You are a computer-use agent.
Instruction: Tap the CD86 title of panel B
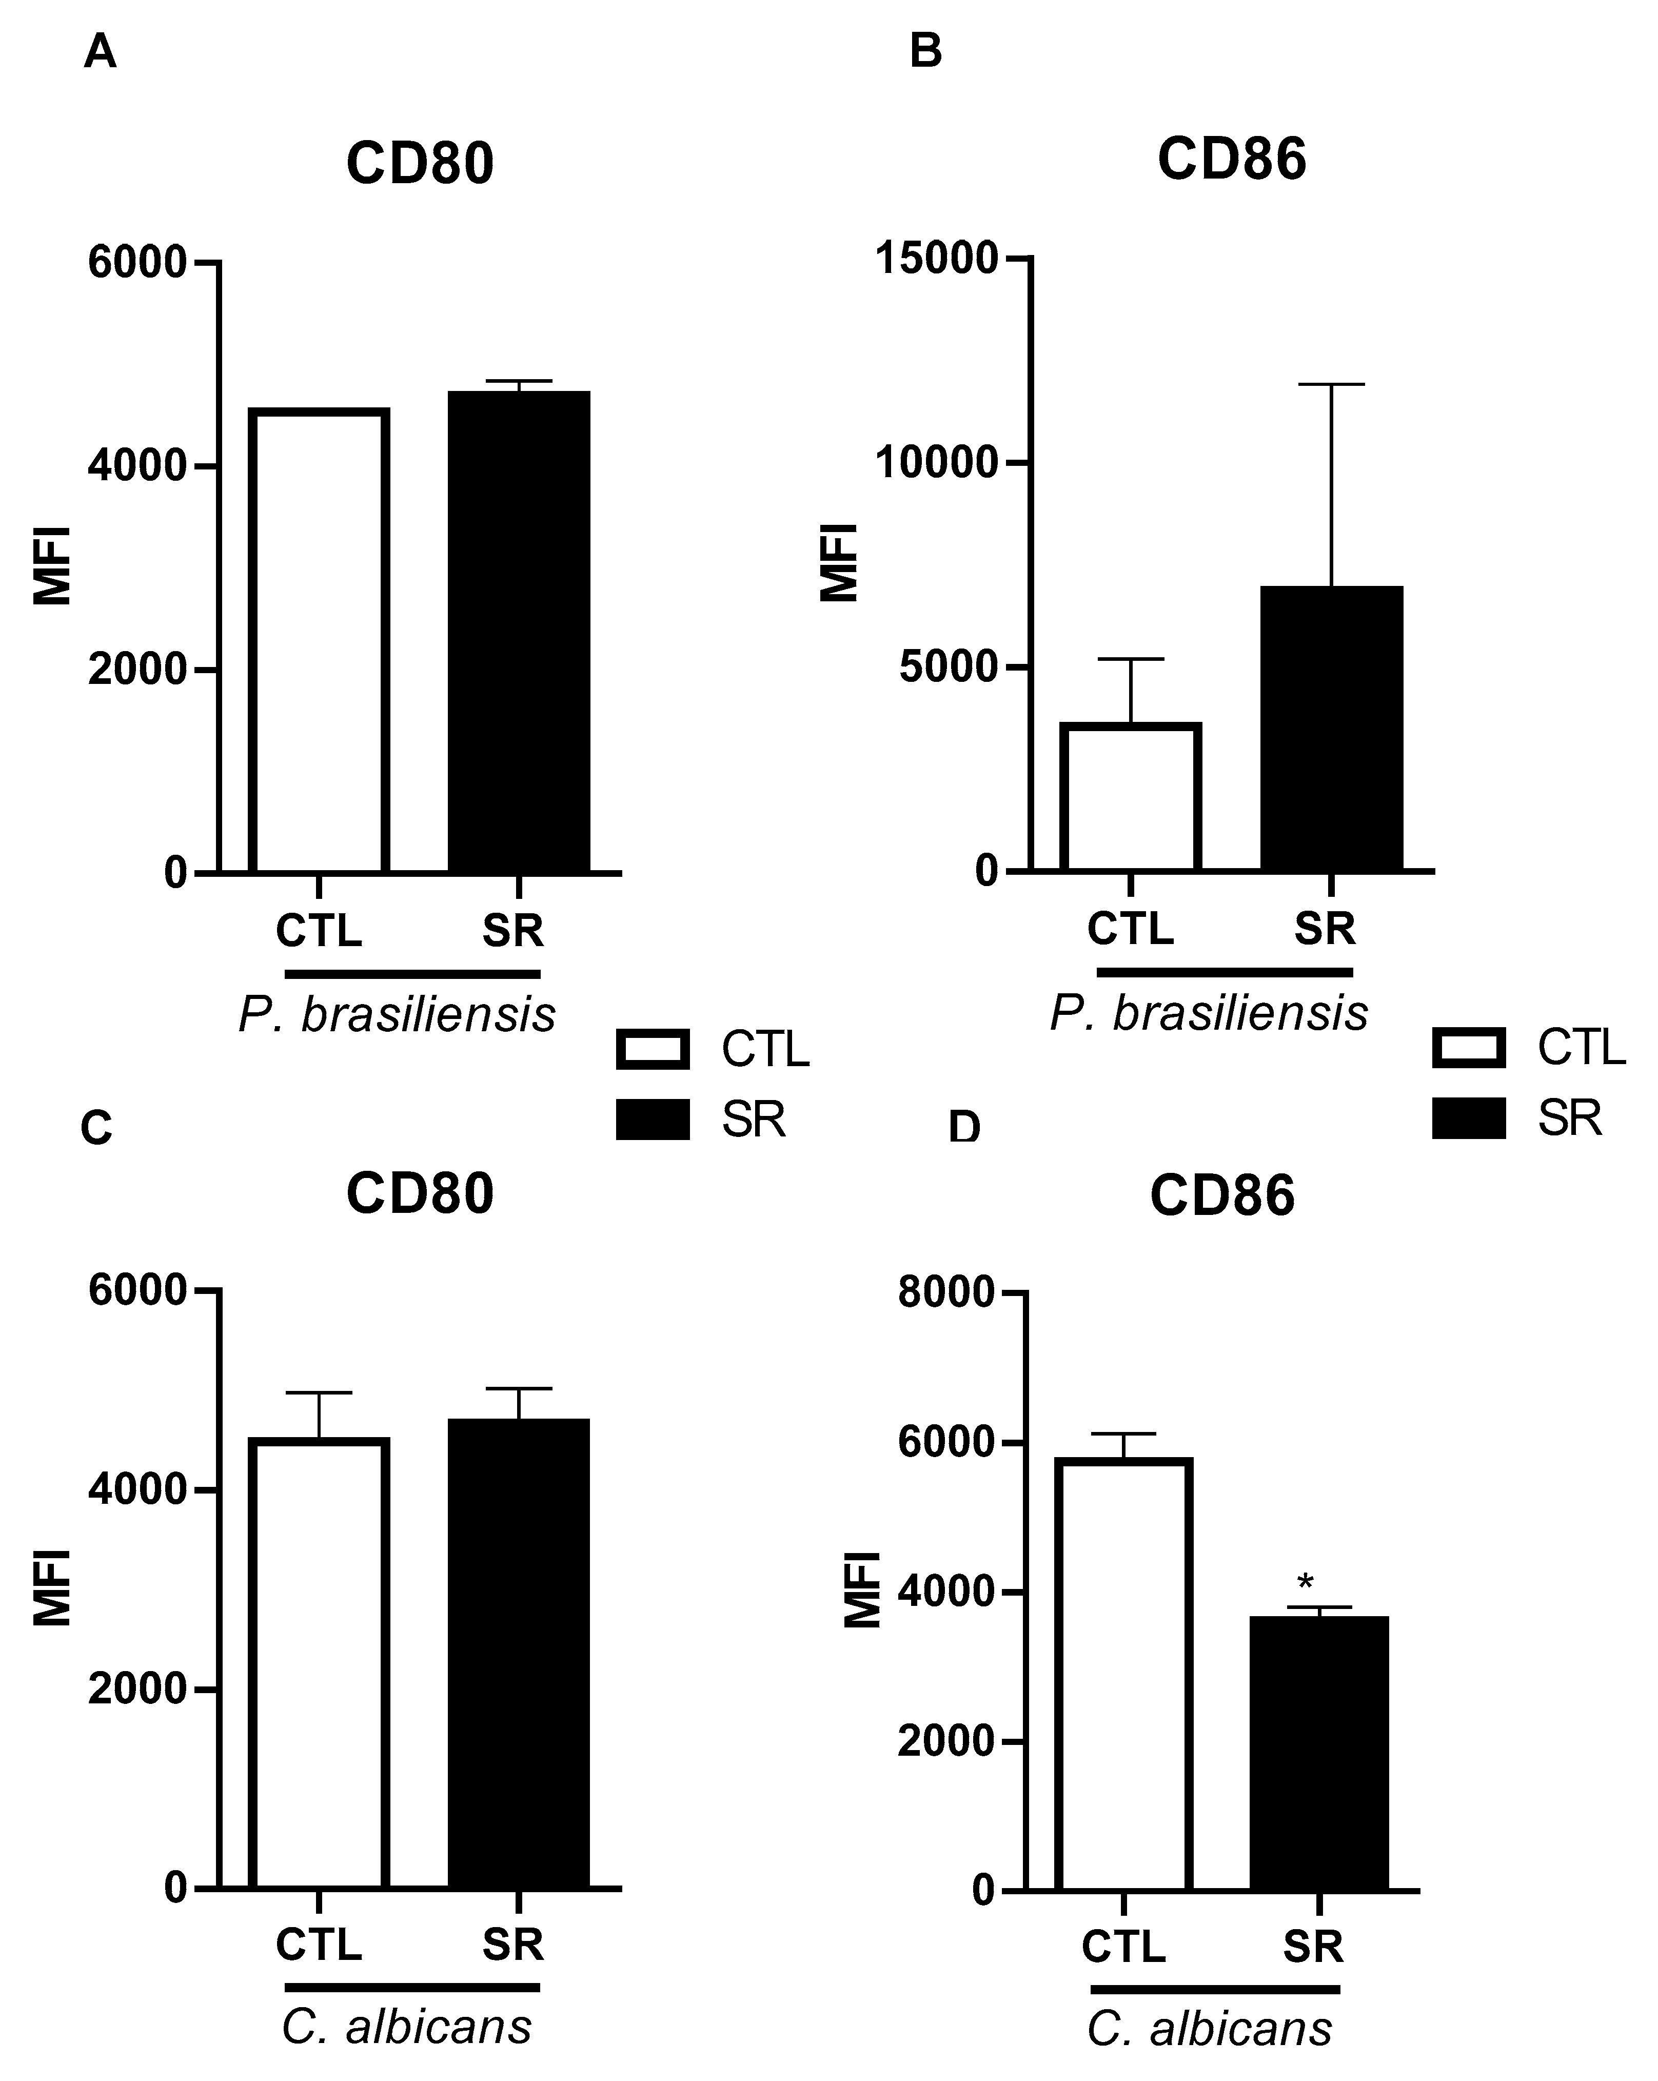[1231, 159]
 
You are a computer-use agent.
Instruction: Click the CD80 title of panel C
[420, 1194]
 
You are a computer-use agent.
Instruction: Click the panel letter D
[964, 1127]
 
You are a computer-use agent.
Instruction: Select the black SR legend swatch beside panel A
[653, 1120]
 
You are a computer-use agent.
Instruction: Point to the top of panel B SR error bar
[1331, 384]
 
